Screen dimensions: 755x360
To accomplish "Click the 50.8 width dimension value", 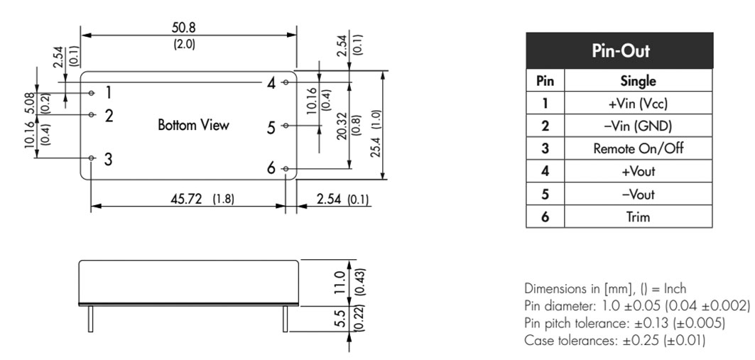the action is point(184,28).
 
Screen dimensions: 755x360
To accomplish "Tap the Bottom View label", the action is point(194,125).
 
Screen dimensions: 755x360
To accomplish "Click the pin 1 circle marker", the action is point(92,92).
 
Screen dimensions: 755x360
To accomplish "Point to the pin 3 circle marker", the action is point(92,158).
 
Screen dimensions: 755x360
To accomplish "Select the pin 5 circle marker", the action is point(286,126).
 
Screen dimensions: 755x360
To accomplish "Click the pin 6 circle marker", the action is point(286,168).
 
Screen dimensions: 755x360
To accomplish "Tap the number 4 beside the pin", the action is point(271,84).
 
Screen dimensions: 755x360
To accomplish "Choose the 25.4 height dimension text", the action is point(376,140).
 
